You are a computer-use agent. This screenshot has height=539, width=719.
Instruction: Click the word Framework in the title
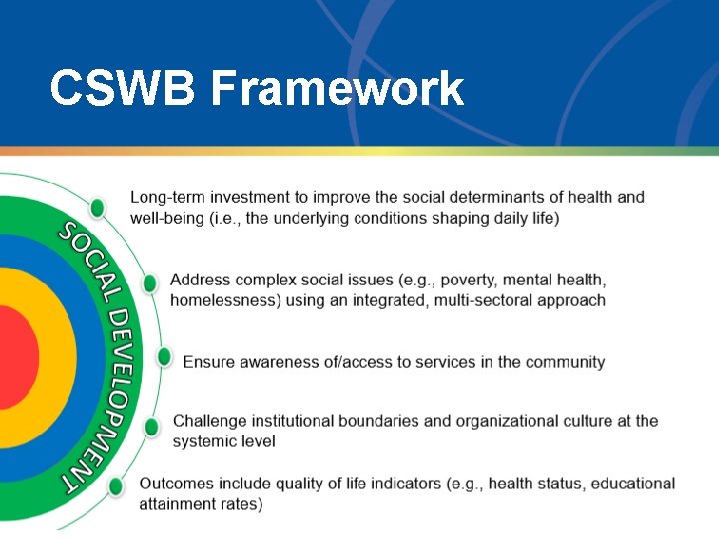(338, 89)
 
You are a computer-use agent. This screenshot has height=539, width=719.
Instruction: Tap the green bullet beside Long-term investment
(97, 208)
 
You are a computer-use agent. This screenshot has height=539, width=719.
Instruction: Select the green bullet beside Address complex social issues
(149, 283)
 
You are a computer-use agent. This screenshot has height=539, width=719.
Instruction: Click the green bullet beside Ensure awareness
(164, 357)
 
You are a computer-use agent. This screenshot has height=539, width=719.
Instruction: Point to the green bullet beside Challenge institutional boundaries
(151, 427)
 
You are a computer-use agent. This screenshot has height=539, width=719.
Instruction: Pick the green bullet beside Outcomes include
(116, 487)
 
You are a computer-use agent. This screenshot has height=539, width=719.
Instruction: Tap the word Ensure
(209, 362)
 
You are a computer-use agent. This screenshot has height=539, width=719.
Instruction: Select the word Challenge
(213, 421)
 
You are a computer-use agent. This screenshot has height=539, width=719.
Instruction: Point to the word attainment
(178, 505)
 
